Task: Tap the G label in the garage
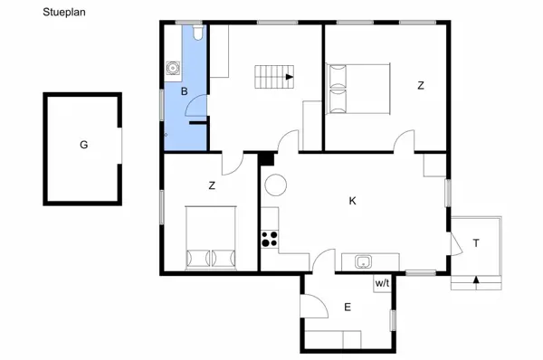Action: click(x=83, y=144)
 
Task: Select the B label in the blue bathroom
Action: click(x=184, y=91)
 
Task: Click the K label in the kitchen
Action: click(x=353, y=201)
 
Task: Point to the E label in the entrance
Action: click(x=348, y=308)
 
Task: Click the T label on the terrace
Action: click(x=475, y=242)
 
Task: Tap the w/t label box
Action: click(x=382, y=283)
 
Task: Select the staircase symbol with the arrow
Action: click(x=274, y=77)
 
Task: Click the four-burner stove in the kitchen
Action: click(x=270, y=239)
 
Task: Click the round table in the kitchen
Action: click(x=275, y=185)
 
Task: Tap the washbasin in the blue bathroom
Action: click(x=173, y=67)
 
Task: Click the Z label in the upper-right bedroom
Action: click(x=420, y=86)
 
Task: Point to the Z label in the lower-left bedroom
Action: click(x=212, y=186)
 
